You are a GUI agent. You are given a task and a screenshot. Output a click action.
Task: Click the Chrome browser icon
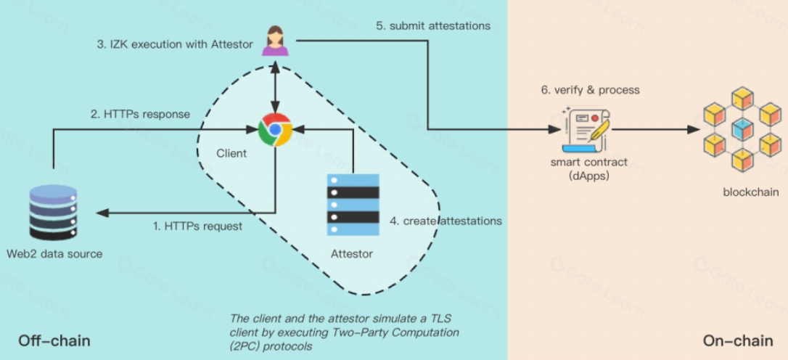[275, 130]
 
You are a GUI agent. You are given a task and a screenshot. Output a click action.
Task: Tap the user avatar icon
[275, 41]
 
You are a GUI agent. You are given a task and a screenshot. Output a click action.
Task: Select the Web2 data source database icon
[53, 212]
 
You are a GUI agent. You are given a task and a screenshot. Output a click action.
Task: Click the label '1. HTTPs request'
[197, 226]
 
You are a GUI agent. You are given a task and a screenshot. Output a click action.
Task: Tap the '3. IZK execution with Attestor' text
[175, 44]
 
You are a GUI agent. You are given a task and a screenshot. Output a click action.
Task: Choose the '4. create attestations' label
[446, 220]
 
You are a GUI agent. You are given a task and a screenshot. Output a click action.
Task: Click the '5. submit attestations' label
[433, 26]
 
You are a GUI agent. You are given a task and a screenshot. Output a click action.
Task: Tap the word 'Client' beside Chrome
[231, 153]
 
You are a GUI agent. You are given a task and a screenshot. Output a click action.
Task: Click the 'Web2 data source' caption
[54, 254]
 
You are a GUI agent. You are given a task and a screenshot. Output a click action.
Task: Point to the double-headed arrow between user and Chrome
[275, 87]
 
